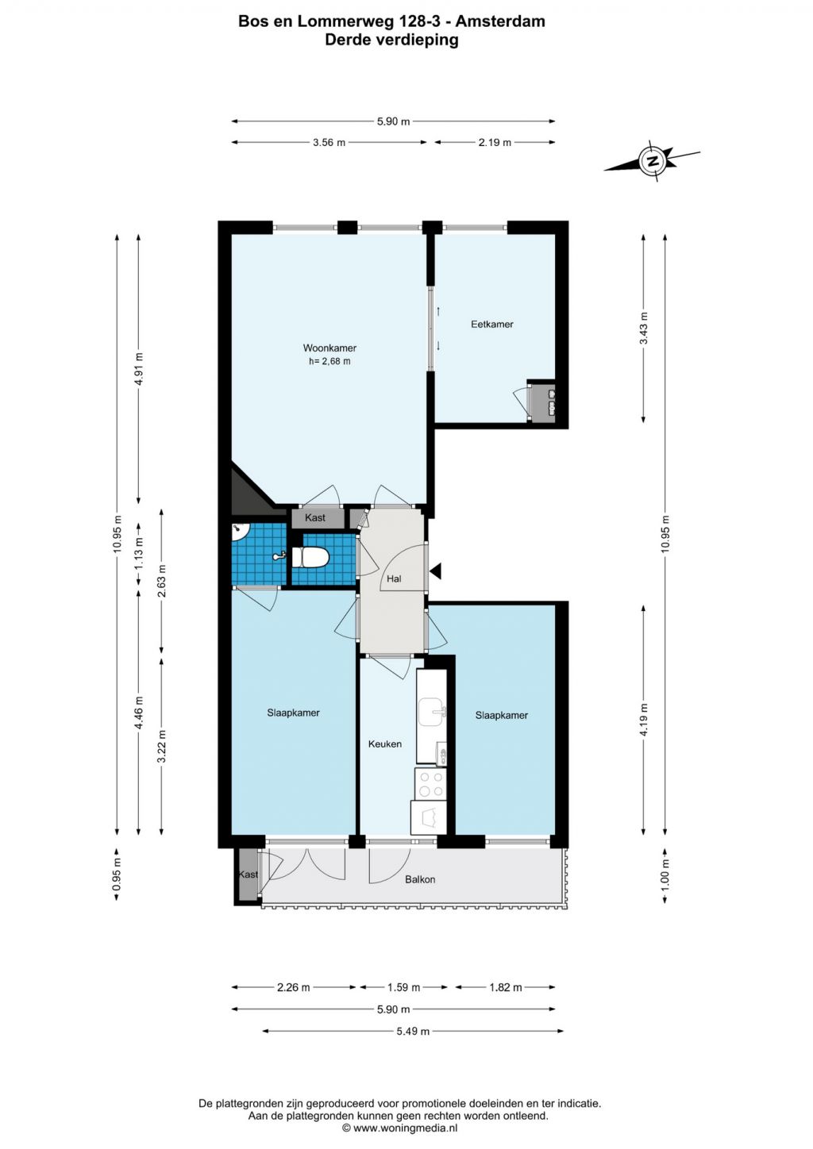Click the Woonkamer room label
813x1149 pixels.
(329, 348)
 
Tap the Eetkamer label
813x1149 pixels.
(491, 324)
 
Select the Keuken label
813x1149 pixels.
(384, 744)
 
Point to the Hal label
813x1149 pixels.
(394, 578)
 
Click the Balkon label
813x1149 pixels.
(420, 879)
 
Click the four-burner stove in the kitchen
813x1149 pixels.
(430, 785)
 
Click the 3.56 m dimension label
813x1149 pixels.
(329, 143)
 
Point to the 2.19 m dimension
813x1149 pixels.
(495, 143)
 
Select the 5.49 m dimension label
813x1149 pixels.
(413, 1031)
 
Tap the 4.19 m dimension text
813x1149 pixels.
(644, 719)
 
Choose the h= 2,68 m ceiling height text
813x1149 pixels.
(329, 360)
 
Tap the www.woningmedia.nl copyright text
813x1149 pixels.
(399, 1128)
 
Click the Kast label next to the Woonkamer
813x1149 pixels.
(314, 517)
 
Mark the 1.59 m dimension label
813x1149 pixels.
(403, 987)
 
